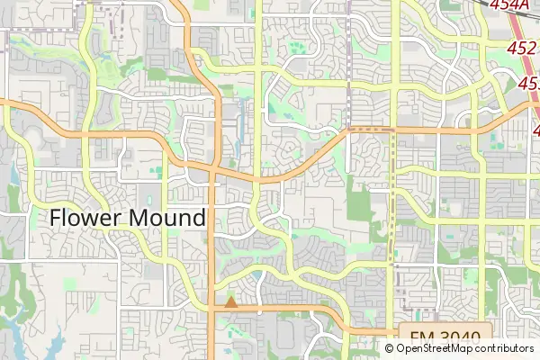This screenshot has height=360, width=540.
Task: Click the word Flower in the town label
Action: click(87, 218)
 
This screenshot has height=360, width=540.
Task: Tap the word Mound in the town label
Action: click(167, 218)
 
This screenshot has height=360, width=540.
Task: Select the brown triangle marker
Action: click(231, 302)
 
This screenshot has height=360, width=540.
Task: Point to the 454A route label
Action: click(510, 5)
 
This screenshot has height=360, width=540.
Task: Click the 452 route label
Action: click(522, 47)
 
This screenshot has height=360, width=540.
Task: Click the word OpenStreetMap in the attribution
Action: click(436, 348)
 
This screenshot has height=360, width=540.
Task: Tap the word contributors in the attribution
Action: click(505, 348)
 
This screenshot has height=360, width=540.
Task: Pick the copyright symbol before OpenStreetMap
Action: click(391, 348)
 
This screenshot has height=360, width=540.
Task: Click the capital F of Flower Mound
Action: click(56, 218)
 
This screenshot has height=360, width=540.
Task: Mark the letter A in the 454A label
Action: click(525, 5)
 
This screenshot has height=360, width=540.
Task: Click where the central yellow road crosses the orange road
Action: click(259, 178)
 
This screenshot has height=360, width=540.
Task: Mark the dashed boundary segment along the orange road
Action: click(371, 130)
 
